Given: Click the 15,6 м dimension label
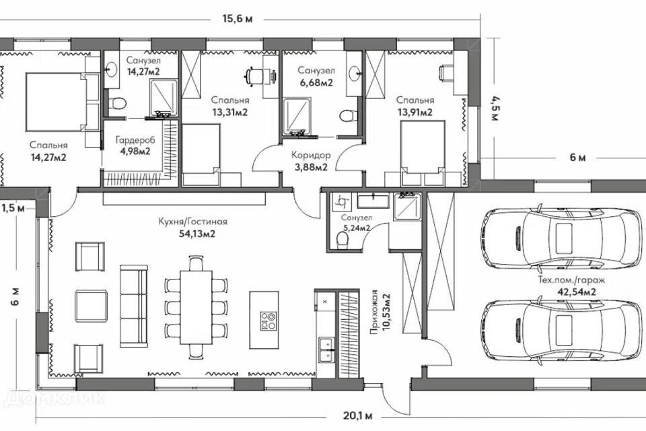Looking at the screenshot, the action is [x=238, y=19].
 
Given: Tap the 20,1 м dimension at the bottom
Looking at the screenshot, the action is [x=357, y=416].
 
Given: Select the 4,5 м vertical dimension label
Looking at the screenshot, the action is [x=495, y=108].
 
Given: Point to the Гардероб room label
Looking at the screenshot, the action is [x=135, y=140].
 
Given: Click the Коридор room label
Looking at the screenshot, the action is [x=311, y=156].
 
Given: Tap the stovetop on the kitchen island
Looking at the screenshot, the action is [x=268, y=321].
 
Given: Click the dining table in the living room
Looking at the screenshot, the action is [x=196, y=307].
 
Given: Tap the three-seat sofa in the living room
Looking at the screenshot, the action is [x=133, y=306].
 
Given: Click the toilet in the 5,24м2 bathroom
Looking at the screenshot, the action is [x=342, y=241].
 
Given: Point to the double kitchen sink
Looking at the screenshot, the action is [x=327, y=350].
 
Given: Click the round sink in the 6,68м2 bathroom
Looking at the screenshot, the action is [x=355, y=74].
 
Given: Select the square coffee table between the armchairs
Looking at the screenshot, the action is [x=92, y=305].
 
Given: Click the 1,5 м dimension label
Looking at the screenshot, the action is [x=13, y=208].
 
